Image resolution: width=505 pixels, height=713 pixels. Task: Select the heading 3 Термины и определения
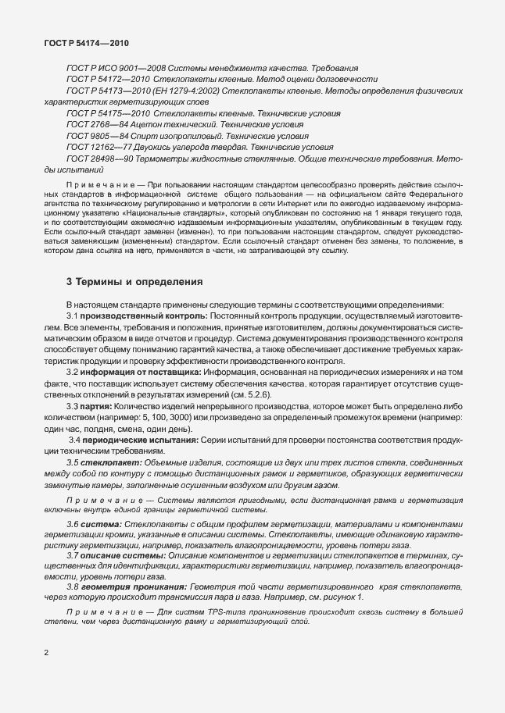[134, 281]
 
